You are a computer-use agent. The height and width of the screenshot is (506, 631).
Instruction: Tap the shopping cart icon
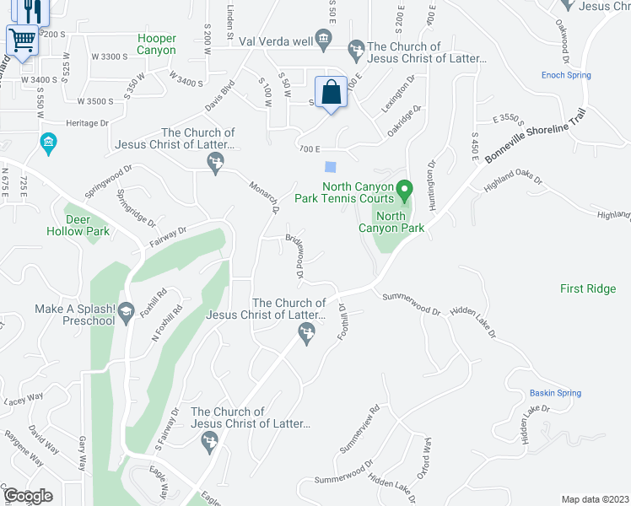(x=22, y=39)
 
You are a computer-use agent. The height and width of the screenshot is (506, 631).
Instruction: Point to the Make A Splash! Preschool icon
(x=127, y=310)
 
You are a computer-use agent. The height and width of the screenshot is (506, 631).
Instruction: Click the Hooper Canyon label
(x=157, y=45)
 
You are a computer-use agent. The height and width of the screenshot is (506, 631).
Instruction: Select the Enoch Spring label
(x=566, y=75)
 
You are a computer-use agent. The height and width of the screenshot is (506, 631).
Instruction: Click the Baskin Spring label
(x=555, y=393)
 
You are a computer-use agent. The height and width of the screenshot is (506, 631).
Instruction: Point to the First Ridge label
(x=588, y=288)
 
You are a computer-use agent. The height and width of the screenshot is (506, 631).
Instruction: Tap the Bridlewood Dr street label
(x=294, y=256)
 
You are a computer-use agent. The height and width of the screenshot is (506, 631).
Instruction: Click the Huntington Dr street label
(x=433, y=183)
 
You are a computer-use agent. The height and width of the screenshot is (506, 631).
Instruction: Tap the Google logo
(x=28, y=496)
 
